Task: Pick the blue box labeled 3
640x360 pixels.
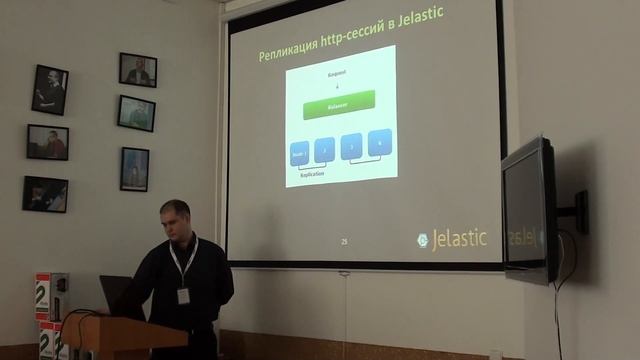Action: (352, 148)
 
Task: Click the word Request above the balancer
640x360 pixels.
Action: (338, 75)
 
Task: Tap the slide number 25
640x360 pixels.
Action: (344, 242)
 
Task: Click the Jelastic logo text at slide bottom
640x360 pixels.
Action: (458, 239)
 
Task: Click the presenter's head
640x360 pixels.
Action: (175, 219)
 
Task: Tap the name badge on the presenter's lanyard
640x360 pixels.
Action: (184, 295)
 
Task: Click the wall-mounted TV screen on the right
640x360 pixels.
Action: (527, 210)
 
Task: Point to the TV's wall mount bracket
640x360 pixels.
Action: (577, 211)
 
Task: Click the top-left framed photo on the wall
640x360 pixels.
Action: (49, 90)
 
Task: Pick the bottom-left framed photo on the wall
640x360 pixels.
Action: (45, 194)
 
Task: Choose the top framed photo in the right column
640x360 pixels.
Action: (138, 70)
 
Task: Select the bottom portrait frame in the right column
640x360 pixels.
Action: (134, 169)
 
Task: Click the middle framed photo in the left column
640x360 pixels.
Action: (48, 142)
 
